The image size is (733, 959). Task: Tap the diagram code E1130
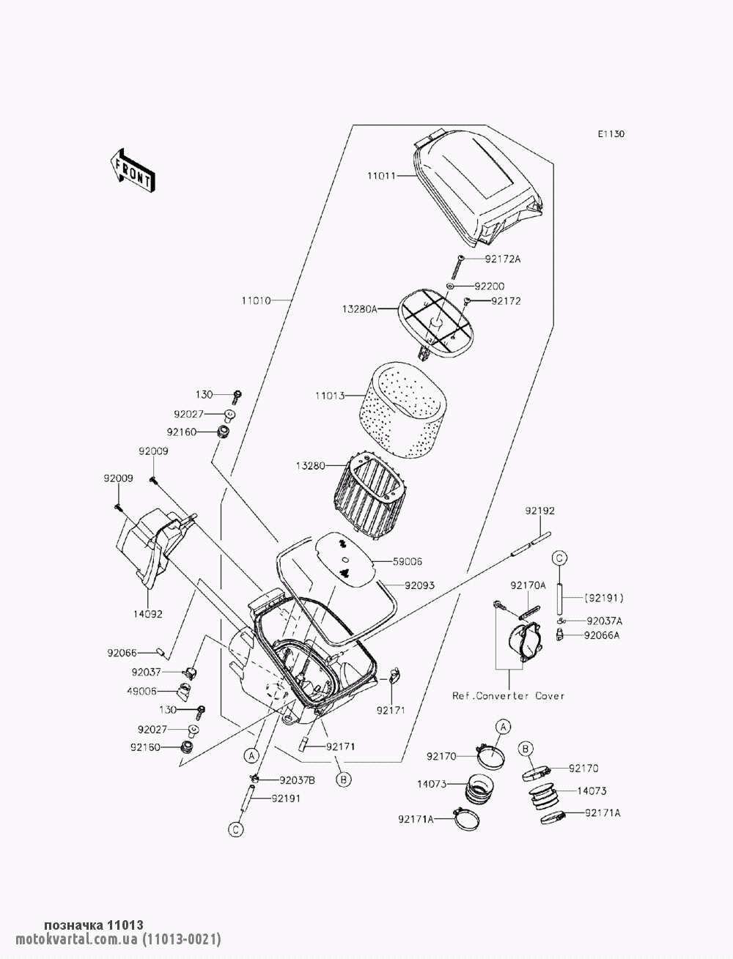tap(611, 134)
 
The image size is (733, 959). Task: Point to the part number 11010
tap(257, 300)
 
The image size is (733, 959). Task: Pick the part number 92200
tap(489, 286)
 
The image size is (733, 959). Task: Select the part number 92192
tap(539, 510)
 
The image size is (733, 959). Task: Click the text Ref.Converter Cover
tap(509, 695)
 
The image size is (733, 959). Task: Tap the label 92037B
tap(298, 781)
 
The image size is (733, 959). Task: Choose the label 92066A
tap(602, 635)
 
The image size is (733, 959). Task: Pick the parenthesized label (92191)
tap(604, 597)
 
